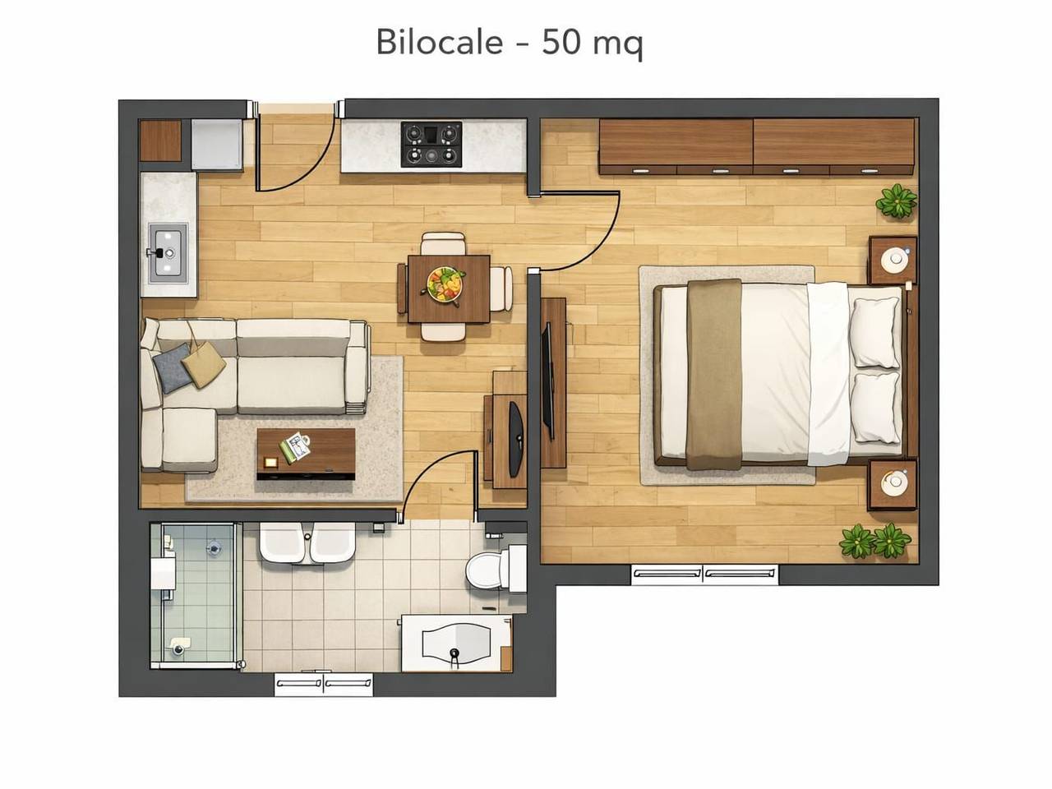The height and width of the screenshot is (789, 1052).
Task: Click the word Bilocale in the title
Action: [x=440, y=42]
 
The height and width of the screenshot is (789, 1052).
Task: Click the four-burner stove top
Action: [x=431, y=144]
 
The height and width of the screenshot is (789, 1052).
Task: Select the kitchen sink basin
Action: [x=168, y=252]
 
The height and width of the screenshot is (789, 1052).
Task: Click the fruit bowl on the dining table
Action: [x=445, y=284]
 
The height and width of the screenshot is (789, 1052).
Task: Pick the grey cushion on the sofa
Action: [x=172, y=367]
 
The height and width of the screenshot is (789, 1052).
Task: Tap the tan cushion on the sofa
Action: [x=204, y=367]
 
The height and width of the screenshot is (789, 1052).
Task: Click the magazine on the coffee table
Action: [x=294, y=447]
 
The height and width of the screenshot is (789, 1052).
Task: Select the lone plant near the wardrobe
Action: [x=896, y=201]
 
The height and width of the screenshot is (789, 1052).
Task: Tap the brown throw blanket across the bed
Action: [x=714, y=374]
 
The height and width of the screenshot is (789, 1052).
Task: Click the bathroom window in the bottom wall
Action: [x=324, y=684]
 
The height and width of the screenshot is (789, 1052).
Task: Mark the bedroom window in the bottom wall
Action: [x=704, y=574]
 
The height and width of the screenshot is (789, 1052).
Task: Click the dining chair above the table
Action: [x=443, y=244]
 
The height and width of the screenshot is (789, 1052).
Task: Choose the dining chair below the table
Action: [x=443, y=331]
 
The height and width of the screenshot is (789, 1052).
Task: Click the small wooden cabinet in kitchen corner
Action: [x=160, y=141]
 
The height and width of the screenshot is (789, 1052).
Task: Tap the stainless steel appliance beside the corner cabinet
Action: [x=217, y=144]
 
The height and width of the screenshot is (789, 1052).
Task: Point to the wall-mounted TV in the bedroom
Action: [x=547, y=381]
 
